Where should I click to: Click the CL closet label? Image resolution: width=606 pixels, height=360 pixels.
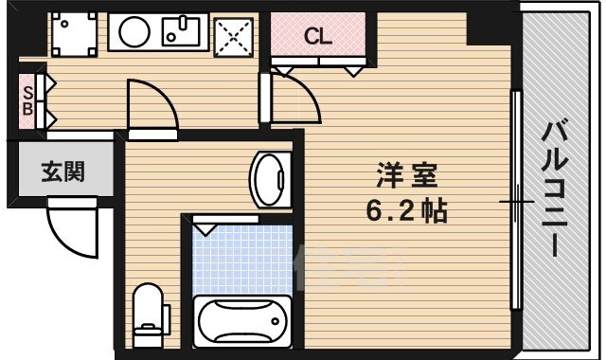[x=317, y=37]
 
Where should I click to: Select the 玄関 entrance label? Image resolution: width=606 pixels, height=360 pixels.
[x=62, y=171]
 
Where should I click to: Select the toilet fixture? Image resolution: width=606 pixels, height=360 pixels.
[x=148, y=314]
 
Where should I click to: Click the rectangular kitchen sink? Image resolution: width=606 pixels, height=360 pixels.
[x=182, y=34]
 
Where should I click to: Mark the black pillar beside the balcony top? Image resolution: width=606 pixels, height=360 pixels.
[x=491, y=24]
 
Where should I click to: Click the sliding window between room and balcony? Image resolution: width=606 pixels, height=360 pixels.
[x=517, y=201]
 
